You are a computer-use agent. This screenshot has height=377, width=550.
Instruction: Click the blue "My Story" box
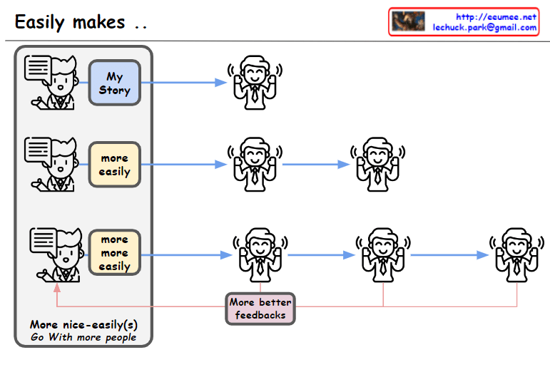coord(114,83)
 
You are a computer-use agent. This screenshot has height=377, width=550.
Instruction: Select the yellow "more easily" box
coord(114,165)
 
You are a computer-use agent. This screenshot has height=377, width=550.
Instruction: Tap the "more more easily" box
coord(114,253)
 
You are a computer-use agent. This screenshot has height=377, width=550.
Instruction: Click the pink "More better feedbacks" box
coord(260,309)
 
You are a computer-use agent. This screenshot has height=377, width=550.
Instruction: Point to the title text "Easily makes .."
coord(81,21)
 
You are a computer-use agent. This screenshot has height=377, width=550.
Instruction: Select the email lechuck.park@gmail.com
coord(484,28)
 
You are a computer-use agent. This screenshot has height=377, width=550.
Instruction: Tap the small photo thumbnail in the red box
coord(409,21)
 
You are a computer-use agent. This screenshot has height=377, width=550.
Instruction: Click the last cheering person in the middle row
coord(377,163)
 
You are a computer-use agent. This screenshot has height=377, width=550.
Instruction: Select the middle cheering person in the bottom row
coord(383,254)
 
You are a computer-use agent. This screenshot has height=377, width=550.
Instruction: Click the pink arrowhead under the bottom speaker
coord(56,286)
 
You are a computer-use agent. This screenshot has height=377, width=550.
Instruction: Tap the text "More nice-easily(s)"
coord(83,325)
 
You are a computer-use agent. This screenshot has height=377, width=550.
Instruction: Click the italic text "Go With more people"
coord(83,337)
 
